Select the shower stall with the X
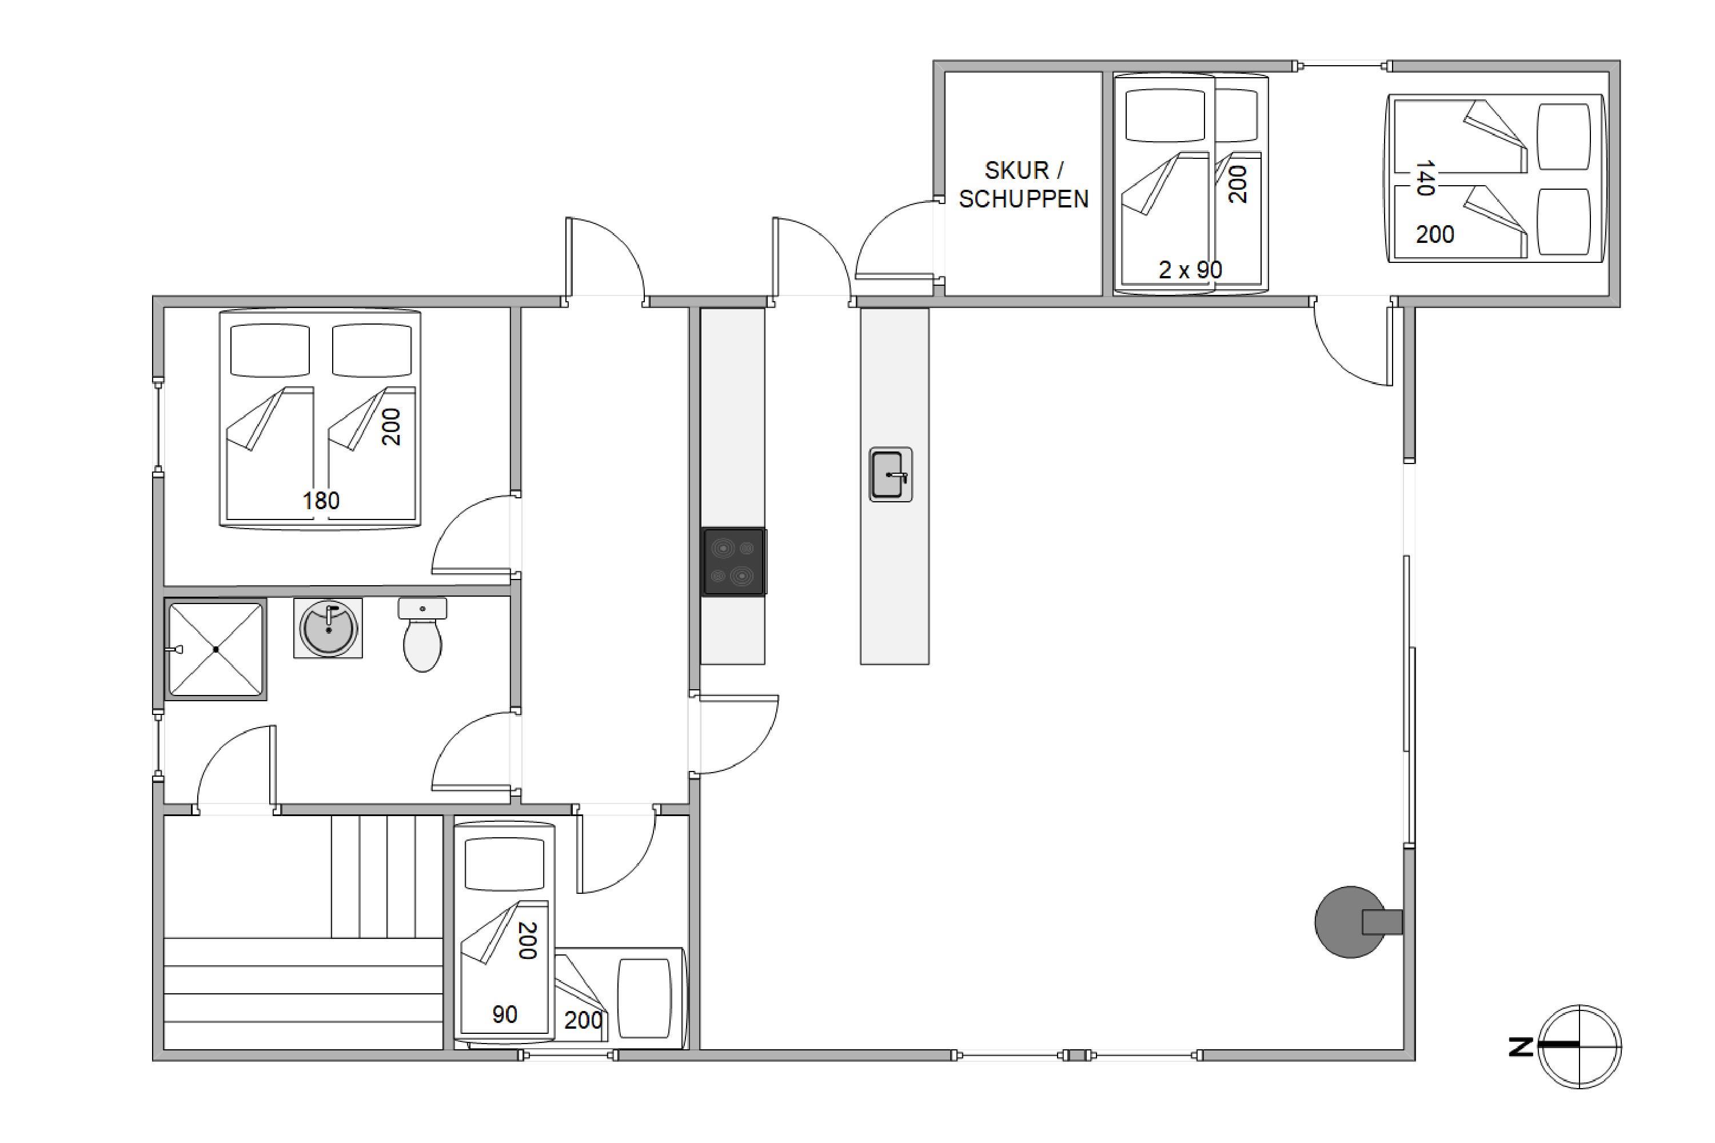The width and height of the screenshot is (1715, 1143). pos(216,649)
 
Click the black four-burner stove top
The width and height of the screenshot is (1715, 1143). pos(733,562)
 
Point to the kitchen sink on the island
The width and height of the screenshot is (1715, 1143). pos(890,474)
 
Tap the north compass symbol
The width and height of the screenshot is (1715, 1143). pos(1580,1047)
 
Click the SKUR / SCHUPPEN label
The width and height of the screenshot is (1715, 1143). pos(1024,185)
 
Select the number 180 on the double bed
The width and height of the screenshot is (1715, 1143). pos(321,501)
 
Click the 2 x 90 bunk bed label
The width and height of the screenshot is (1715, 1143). pos(1190,270)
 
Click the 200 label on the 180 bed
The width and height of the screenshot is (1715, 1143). pos(391,426)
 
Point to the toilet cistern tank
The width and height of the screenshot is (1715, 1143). pos(422,609)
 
